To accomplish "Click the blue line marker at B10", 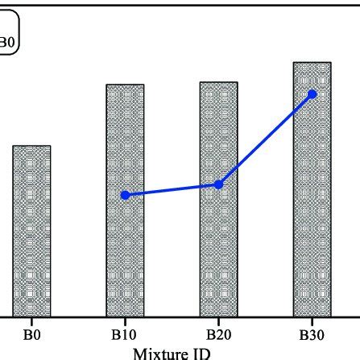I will [125, 195].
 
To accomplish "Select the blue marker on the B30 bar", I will [312, 94].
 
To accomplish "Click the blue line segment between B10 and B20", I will [172, 190].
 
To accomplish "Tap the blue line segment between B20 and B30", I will [266, 139].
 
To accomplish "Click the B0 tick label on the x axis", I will [31, 333].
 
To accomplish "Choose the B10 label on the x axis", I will [125, 333].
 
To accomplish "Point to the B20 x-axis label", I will [218, 333].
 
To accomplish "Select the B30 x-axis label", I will [312, 333].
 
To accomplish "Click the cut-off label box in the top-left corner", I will [10, 37].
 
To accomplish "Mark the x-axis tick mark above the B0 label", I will [31, 320].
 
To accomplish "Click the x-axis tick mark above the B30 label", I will [312, 320].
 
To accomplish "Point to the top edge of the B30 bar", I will [312, 62].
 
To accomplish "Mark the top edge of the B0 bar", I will [31, 146].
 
